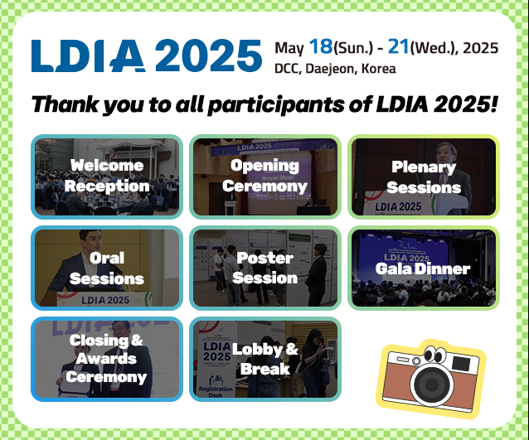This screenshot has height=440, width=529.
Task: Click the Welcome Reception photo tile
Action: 107,176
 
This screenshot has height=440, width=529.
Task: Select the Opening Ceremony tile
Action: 265,176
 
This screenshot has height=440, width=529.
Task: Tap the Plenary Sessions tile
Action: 424,176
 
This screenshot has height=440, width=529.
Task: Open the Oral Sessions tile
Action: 107,268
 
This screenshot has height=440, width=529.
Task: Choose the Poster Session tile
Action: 265,268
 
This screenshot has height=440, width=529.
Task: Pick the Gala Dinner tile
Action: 424,268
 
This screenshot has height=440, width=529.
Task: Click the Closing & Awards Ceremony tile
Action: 107,359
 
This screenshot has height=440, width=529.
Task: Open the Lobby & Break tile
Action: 265,359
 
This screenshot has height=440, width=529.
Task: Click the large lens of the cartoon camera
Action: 432,384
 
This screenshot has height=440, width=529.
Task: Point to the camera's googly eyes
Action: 434,355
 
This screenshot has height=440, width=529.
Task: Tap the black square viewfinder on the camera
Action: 461,364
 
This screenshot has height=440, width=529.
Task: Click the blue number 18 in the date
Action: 321,46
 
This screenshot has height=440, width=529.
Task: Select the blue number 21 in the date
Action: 399,46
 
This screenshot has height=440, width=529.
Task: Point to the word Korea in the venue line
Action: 379,69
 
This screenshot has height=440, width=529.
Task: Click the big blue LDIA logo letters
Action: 89,56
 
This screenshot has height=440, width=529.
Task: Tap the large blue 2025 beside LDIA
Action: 208,56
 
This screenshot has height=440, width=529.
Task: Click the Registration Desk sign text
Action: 216,392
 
